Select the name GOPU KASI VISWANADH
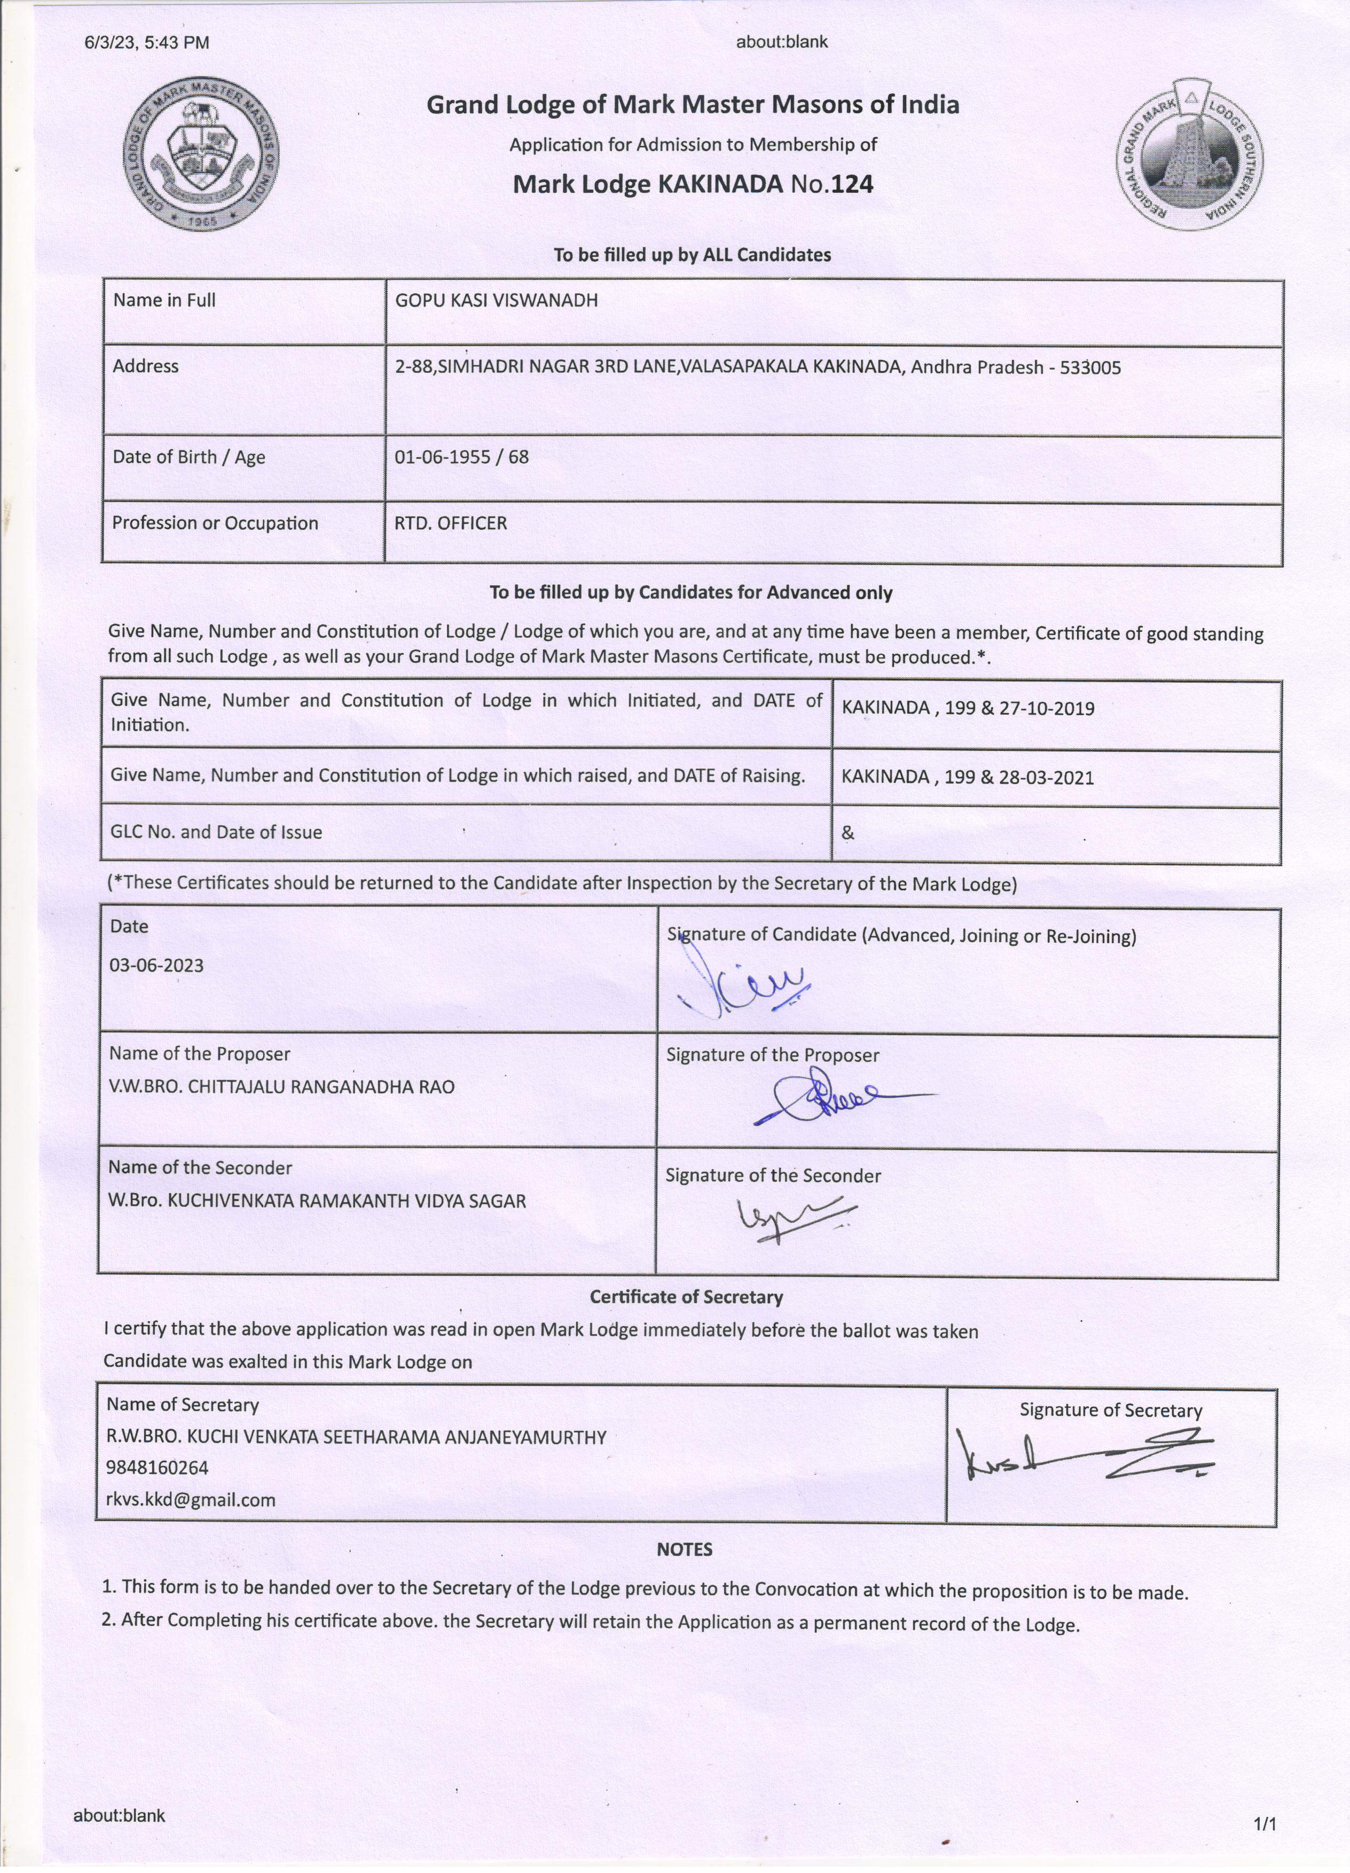click(x=496, y=301)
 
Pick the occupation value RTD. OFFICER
click(x=451, y=523)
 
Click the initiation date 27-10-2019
click(x=1047, y=709)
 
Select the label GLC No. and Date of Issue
click(x=216, y=833)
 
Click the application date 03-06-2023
click(x=157, y=966)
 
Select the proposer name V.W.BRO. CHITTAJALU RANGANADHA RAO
click(x=281, y=1087)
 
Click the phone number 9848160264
click(x=157, y=1468)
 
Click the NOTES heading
click(x=685, y=1549)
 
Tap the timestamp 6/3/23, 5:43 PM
click(x=147, y=42)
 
